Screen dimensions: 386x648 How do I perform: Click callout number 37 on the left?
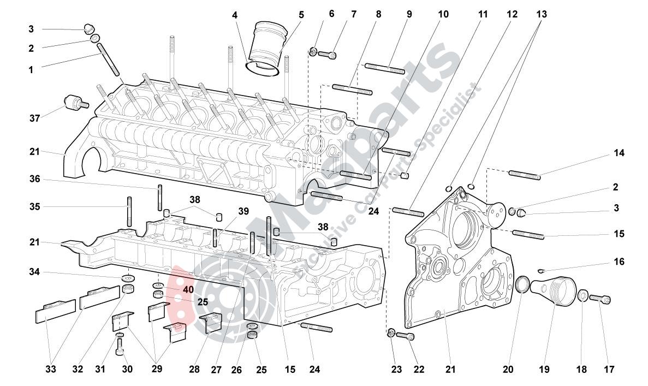point(35,118)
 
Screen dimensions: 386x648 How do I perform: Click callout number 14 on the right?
point(618,153)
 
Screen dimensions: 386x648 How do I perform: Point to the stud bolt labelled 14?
point(524,175)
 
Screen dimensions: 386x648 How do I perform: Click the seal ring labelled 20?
point(523,284)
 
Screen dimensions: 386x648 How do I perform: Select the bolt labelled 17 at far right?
point(600,299)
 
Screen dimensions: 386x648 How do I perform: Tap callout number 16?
point(619,262)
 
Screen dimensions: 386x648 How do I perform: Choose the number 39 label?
point(243,211)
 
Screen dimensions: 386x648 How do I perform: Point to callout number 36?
point(35,180)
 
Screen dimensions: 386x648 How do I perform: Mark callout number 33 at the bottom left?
point(51,370)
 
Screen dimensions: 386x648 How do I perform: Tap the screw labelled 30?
point(120,347)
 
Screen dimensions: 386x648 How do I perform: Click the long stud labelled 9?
point(384,68)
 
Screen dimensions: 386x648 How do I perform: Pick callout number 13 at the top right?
point(541,14)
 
